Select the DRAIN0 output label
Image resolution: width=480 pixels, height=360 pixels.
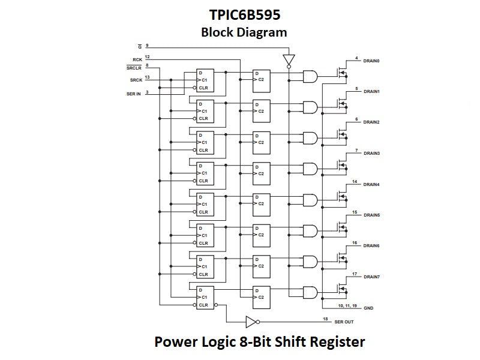(x=372, y=61)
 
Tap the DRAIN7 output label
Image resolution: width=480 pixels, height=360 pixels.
(x=372, y=277)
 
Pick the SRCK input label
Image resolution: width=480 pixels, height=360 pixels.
(x=136, y=80)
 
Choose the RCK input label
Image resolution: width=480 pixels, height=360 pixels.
(x=137, y=60)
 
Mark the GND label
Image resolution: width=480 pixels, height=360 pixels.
(x=368, y=308)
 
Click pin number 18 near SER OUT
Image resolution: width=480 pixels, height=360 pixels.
(x=325, y=318)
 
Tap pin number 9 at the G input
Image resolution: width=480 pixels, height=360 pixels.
(x=147, y=46)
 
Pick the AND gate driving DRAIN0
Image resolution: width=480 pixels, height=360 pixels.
(x=311, y=76)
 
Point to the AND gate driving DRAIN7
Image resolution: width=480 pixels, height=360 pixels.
(x=311, y=293)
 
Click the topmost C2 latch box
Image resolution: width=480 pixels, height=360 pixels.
(x=262, y=76)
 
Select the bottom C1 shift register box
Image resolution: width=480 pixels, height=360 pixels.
(x=205, y=297)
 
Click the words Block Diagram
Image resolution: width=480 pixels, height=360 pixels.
(x=244, y=32)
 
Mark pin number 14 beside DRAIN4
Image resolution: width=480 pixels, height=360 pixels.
(x=355, y=181)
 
